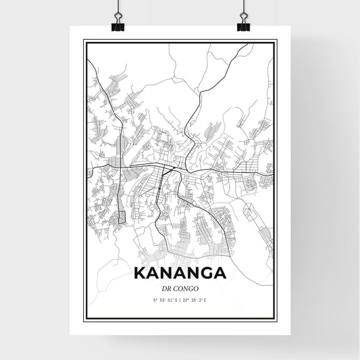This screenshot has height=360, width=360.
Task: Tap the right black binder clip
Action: [x=242, y=24]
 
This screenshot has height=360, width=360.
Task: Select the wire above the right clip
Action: [x=242, y=7]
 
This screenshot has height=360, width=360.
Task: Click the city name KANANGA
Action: [x=180, y=273]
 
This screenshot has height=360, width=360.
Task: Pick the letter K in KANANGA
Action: [x=141, y=273]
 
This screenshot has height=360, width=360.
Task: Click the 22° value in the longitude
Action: [x=188, y=300]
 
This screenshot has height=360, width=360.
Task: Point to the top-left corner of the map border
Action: [x=84, y=41]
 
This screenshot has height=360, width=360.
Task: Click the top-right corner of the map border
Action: [x=276, y=41]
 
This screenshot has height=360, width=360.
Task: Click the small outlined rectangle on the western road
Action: [x=122, y=217]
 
